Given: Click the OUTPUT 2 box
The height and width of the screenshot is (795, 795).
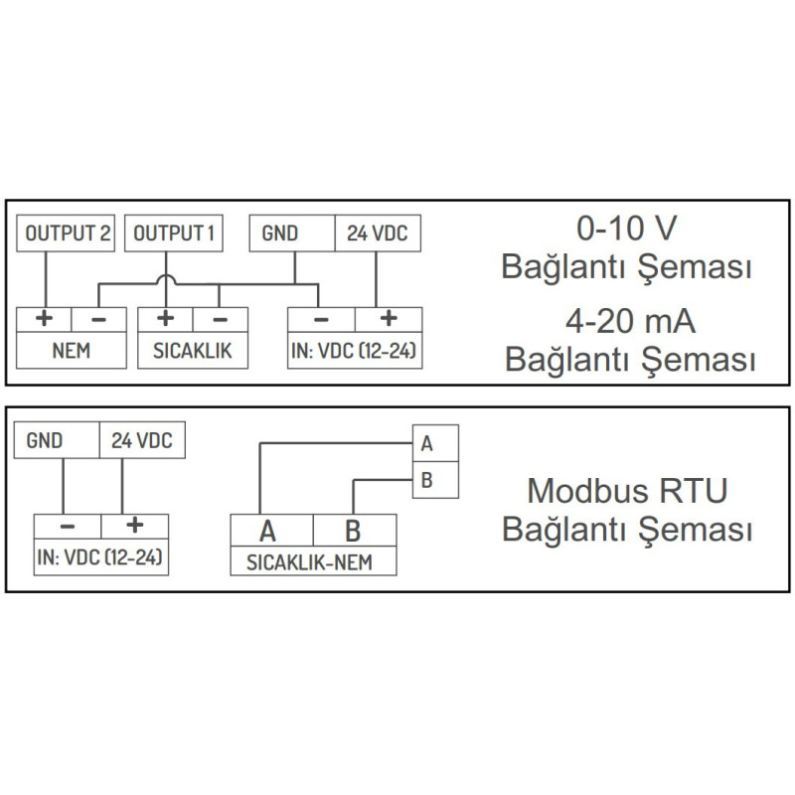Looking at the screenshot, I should pos(67,234).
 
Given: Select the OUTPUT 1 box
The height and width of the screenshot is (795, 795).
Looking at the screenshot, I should pos(174,234).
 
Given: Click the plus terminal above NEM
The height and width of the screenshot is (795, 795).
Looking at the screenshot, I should pos(45,319).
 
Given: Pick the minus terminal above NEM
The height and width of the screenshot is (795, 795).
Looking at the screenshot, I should pos(98,319).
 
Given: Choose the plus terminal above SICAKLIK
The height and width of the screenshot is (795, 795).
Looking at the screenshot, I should pos(165,319).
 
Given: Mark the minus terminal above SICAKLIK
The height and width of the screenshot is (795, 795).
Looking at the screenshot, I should pos(220,319).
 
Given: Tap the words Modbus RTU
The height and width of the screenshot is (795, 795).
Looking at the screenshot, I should pos(627,490).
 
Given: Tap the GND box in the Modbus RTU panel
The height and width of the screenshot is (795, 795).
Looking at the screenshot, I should pos(56,441).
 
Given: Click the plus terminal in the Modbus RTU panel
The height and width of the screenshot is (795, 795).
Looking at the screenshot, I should pos(134,527).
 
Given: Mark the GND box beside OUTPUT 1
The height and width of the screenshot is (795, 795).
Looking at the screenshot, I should pos(290,234).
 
